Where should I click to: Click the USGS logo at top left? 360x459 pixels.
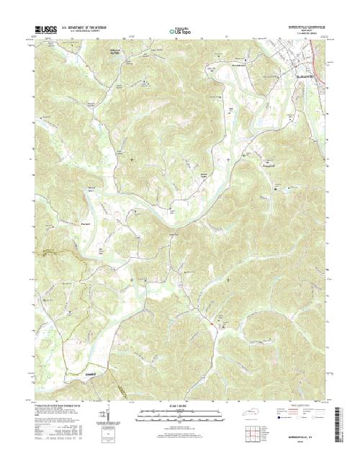coord(45,30)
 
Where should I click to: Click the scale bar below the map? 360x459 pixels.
coord(180,414)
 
